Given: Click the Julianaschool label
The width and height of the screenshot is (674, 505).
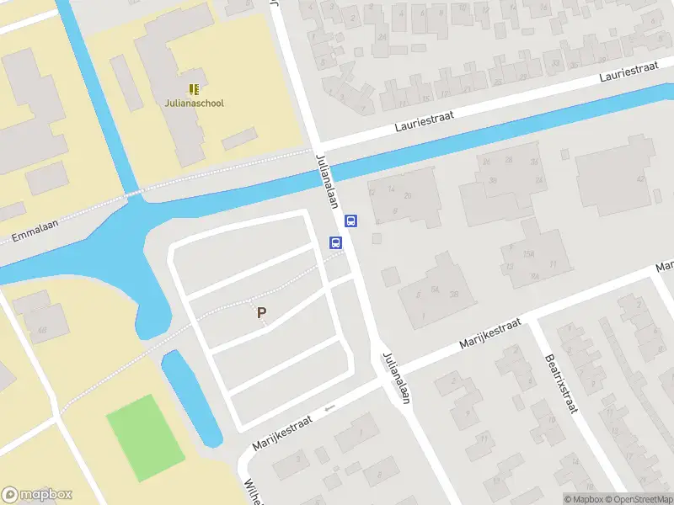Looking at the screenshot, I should pyautogui.click(x=195, y=104).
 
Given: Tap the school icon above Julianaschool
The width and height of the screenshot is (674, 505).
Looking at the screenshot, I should pyautogui.click(x=195, y=88).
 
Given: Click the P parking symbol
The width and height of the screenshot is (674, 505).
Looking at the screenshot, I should pyautogui.click(x=262, y=312).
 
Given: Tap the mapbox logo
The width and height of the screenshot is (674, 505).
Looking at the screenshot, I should pyautogui.click(x=37, y=495).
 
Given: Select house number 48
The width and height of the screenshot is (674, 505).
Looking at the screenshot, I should pyautogui.click(x=40, y=329).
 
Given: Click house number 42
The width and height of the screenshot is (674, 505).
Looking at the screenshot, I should pyautogui.click(x=640, y=178).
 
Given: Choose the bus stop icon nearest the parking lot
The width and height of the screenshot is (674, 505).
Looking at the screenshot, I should pyautogui.click(x=335, y=243).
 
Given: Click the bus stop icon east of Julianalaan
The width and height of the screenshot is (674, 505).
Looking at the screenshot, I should pyautogui.click(x=351, y=221).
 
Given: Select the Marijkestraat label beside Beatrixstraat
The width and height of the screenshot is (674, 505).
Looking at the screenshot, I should pyautogui.click(x=491, y=334).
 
